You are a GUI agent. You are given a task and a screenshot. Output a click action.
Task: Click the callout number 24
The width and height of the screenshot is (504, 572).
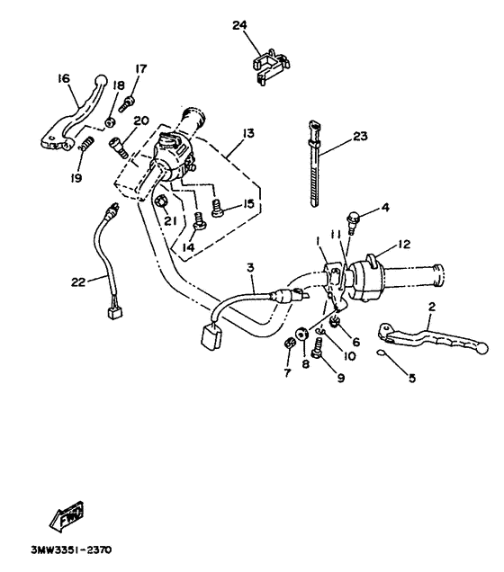(x=239, y=25)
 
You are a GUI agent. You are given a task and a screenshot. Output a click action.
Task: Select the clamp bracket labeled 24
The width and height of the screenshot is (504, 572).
(x=270, y=66)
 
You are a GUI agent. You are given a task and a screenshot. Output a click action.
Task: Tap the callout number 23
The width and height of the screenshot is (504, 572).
(x=360, y=137)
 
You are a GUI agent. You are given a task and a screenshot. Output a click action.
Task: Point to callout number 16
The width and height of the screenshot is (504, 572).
(x=64, y=79)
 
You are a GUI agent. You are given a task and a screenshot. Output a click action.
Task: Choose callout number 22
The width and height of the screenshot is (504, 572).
(x=79, y=282)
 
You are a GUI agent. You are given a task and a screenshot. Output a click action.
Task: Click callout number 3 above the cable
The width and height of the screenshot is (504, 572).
(x=250, y=267)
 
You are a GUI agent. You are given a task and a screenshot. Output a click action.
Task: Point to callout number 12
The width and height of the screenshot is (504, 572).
(x=403, y=243)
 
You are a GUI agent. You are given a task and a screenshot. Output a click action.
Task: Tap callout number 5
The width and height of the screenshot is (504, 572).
(x=412, y=379)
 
